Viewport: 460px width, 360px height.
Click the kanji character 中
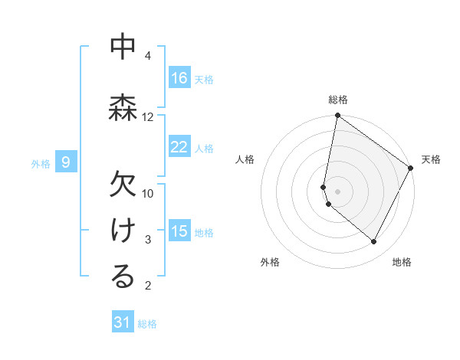pos(123,47)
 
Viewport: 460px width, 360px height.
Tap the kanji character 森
pos(123,106)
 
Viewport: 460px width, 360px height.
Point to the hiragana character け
pos(123,231)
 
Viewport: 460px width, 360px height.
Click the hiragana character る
pos(123,277)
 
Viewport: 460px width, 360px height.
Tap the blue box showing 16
pos(179,77)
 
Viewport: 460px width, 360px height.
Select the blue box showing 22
pos(179,147)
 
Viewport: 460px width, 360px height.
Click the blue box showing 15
pos(179,231)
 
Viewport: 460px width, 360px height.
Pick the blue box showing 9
pos(67,162)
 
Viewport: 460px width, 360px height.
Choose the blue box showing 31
pos(123,322)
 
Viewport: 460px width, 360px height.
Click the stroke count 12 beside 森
pos(148,116)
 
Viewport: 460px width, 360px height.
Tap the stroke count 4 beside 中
pos(148,56)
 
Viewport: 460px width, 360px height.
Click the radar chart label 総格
pos(338,100)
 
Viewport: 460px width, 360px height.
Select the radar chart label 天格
pos(431,159)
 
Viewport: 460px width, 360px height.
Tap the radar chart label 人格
pos(245,159)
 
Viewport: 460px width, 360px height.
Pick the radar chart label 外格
pos(270,262)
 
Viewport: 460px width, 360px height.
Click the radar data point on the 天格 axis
pos(411,169)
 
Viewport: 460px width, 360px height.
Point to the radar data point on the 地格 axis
pos(374,242)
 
